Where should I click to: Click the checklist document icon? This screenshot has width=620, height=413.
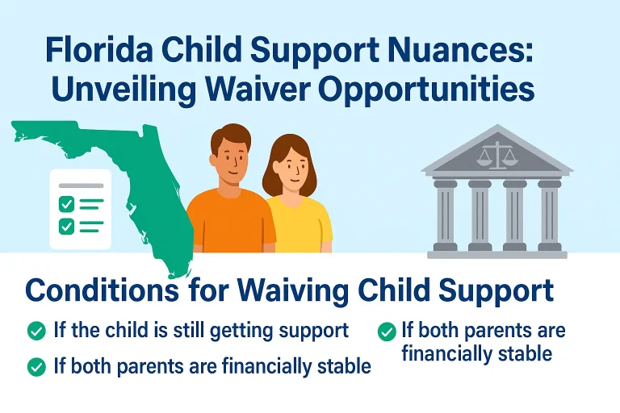point(80,208)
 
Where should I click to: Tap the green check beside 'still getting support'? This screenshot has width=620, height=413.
point(36,330)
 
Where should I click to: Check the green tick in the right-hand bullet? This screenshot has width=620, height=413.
point(387,331)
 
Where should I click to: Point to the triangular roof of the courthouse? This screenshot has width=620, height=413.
point(497,153)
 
